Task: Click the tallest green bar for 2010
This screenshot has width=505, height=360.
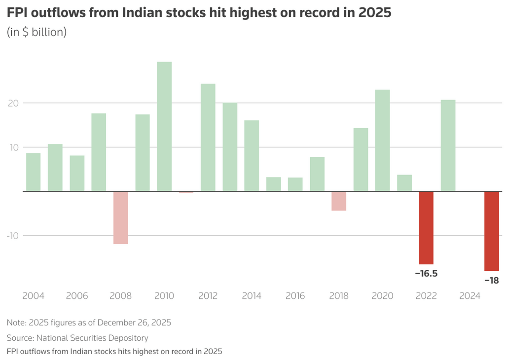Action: tap(164, 126)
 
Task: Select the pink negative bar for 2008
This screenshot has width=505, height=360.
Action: tap(121, 217)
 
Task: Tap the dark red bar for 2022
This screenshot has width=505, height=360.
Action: tap(426, 227)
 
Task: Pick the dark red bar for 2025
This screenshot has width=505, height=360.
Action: tap(492, 231)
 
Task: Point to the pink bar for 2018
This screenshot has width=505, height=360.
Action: tap(339, 201)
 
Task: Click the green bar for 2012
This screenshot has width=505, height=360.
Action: tap(208, 137)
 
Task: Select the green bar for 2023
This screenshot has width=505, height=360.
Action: tap(448, 145)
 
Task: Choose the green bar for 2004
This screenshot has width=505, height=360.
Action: tap(34, 172)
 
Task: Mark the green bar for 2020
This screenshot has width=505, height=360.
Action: tap(382, 140)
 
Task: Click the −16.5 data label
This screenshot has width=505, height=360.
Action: tap(426, 273)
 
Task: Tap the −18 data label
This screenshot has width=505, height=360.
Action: tap(491, 280)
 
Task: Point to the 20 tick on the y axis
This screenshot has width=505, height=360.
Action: tap(13, 103)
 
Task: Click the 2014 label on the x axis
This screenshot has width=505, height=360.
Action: tap(252, 296)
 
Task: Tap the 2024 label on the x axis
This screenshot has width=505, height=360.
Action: tap(470, 296)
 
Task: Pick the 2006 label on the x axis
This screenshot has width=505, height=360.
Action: tap(77, 296)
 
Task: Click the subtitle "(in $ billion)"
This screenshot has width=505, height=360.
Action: tap(36, 32)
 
